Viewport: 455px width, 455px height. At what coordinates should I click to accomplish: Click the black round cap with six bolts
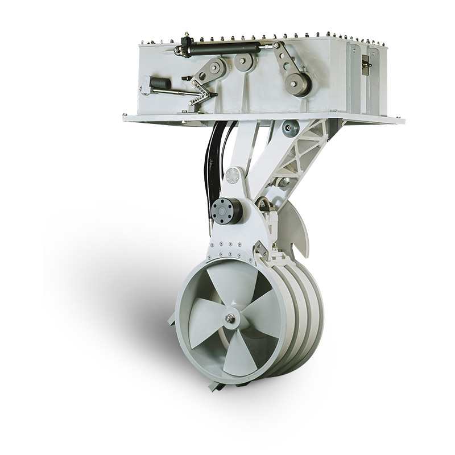point(227,210)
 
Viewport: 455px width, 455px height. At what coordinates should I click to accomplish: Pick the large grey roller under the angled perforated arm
point(297,83)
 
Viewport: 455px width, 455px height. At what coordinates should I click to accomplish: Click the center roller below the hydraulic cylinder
point(245,63)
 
